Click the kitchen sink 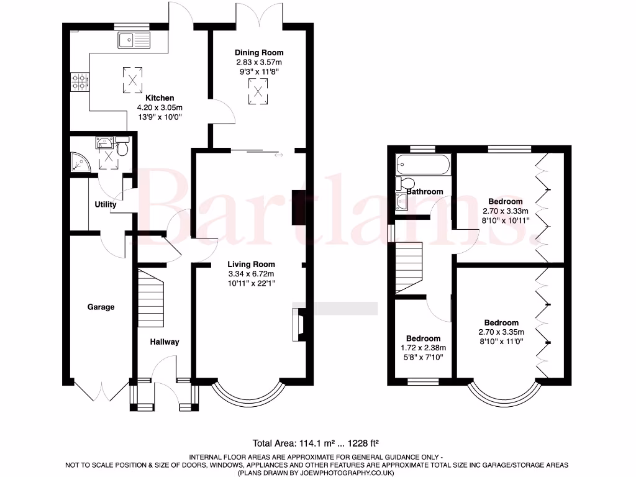[x=133, y=40]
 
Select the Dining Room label [x=259, y=53]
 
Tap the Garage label [x=101, y=307]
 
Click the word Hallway [x=164, y=342]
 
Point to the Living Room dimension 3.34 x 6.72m [x=252, y=274]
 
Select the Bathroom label [x=425, y=192]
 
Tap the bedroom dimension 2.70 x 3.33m [x=505, y=211]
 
